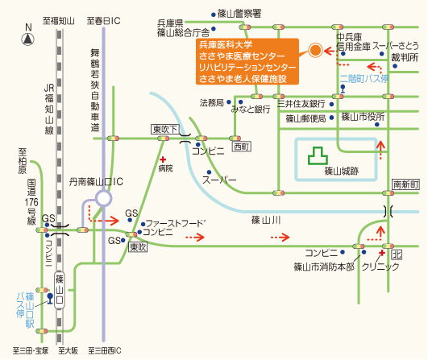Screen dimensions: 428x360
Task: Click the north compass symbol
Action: [28, 39]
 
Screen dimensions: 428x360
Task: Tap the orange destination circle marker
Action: [315, 50]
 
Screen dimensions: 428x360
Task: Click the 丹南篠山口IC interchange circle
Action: [103, 198]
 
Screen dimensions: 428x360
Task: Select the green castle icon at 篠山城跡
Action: [318, 156]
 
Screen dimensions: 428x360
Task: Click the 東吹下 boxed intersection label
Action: [165, 130]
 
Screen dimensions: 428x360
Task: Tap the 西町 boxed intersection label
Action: [242, 147]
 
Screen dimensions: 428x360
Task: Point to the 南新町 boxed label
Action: [405, 184]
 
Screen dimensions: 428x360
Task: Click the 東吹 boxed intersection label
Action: [138, 247]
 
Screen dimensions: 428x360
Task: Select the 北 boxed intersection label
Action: [397, 254]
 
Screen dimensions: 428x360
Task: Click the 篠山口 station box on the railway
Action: [60, 290]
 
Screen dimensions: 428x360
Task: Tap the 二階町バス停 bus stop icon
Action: [343, 89]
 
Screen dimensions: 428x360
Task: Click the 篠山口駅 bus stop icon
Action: [50, 299]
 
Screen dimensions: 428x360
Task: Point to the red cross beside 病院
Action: [163, 159]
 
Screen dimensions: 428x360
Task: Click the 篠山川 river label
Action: [266, 220]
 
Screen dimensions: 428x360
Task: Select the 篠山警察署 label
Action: [239, 14]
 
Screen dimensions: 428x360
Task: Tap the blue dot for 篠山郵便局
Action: [331, 118]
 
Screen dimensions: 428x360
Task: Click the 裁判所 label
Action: [405, 57]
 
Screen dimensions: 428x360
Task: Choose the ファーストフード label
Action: [176, 224]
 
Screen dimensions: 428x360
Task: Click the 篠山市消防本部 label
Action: [324, 267]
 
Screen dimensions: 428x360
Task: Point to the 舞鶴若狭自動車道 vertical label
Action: [95, 90]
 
